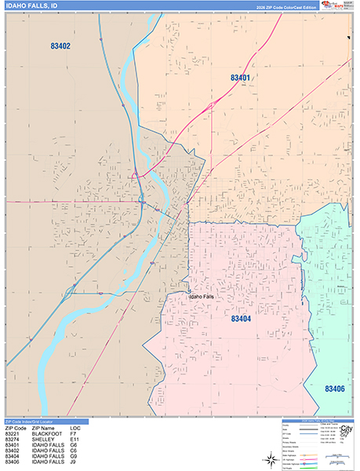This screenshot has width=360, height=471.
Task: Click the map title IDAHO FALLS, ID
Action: tap(31, 7)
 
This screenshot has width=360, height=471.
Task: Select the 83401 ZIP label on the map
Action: tap(240, 78)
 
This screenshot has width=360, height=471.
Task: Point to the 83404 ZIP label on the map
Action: tap(240, 319)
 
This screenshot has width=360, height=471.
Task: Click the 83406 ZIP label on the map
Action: tap(335, 389)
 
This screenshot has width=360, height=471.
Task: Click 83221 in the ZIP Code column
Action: tap(13, 434)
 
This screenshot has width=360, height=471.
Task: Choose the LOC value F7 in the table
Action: tap(73, 434)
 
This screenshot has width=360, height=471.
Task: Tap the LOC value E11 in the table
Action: tap(75, 440)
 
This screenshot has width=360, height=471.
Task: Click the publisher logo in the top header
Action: tap(338, 5)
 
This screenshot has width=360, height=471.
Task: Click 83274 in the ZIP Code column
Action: tap(13, 440)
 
